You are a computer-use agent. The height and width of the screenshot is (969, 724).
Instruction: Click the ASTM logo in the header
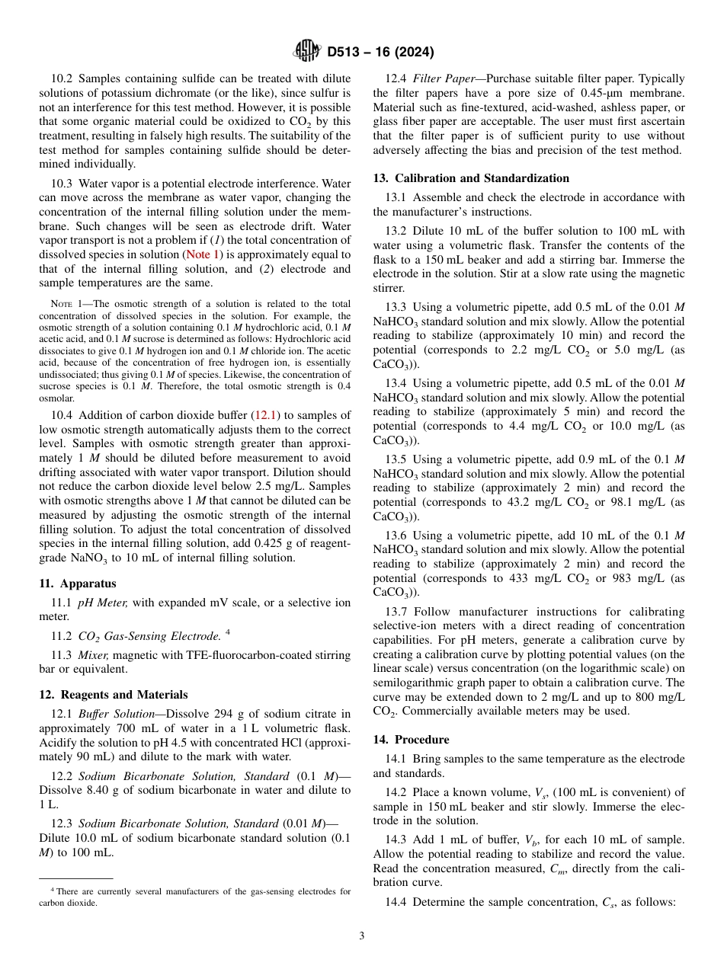(307, 52)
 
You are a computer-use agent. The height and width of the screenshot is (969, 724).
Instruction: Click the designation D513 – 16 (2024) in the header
(380, 53)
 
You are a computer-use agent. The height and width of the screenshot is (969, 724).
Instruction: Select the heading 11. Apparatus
(78, 584)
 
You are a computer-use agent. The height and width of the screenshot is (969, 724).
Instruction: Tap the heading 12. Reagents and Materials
(114, 695)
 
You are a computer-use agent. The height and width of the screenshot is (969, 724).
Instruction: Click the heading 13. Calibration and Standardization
(471, 178)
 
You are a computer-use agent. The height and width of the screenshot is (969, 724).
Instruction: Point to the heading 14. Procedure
(411, 740)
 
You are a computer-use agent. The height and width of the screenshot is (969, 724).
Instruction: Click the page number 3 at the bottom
(362, 935)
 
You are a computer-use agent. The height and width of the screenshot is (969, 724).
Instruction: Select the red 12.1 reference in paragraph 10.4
(266, 415)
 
